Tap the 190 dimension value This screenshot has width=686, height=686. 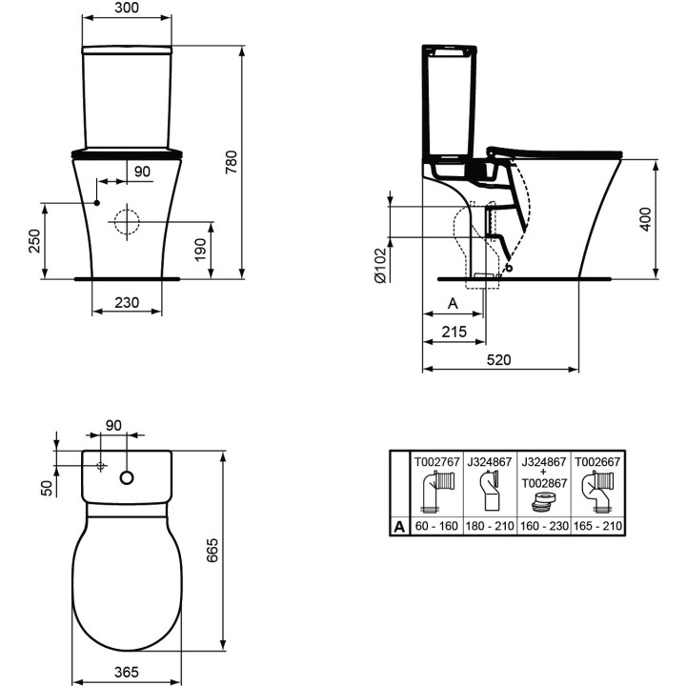[199, 249]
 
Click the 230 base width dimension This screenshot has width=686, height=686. [126, 302]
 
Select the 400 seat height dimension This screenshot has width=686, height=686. [645, 220]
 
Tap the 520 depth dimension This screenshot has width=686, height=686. [500, 359]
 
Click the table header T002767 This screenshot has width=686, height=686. [436, 461]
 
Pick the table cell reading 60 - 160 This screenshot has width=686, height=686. [436, 525]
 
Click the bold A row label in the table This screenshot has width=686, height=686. [400, 525]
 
